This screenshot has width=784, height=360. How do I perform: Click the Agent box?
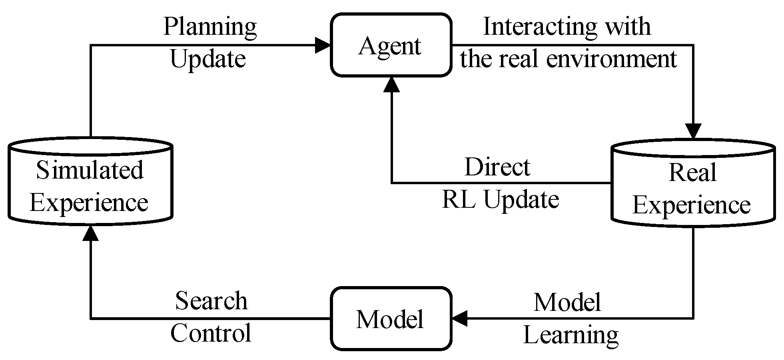click(x=391, y=45)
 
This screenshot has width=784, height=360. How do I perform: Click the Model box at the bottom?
click(x=391, y=319)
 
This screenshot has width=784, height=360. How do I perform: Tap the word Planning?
click(x=210, y=27)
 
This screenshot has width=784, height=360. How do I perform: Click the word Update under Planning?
click(x=207, y=59)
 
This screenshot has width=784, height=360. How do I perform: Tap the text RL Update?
click(x=500, y=199)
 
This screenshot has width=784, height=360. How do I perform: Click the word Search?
click(x=211, y=300)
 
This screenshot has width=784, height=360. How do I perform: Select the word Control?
click(x=211, y=333)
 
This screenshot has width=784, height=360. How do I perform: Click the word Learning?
click(x=571, y=335)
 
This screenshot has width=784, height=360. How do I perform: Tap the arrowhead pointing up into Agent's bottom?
click(x=391, y=85)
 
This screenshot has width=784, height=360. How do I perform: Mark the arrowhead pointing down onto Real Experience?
click(x=693, y=131)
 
